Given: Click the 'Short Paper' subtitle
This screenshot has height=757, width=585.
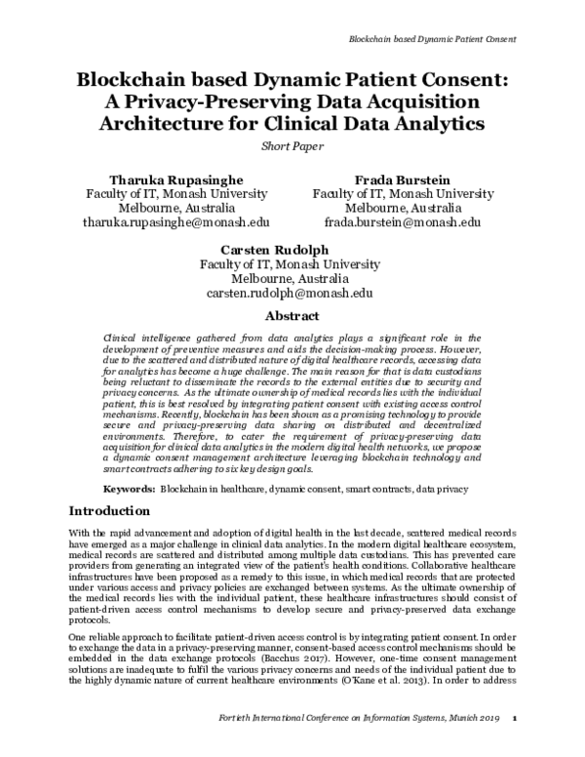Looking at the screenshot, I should (292, 147).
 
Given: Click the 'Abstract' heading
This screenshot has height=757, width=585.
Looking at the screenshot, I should (292, 317).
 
